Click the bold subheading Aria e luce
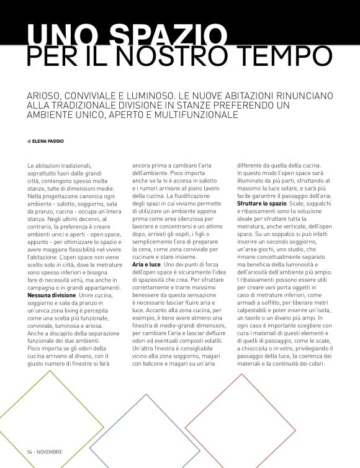(x=146, y=265)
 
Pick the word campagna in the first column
(x=45, y=288)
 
